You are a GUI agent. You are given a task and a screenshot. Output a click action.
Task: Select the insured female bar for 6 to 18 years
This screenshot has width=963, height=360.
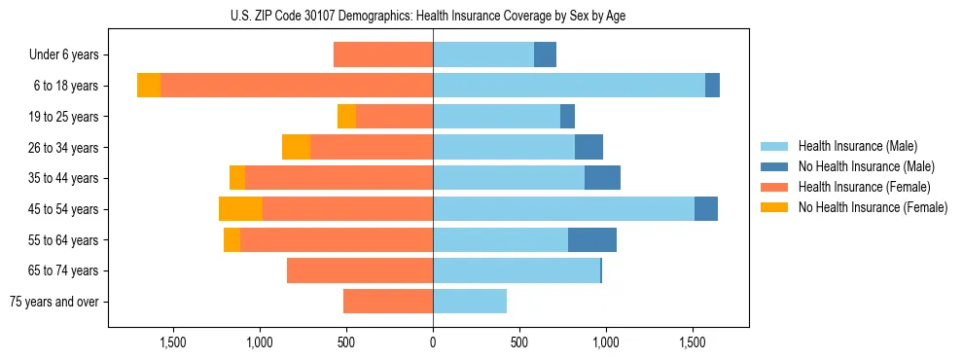[297, 86]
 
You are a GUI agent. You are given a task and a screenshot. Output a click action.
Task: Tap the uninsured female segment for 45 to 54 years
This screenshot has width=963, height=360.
[240, 209]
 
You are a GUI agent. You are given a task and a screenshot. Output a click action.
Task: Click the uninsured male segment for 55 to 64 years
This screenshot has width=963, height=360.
[592, 239]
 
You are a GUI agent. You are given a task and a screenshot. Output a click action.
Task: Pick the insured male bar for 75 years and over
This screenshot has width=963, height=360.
[470, 302]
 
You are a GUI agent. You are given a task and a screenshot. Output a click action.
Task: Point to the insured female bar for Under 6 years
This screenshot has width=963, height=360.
[383, 54]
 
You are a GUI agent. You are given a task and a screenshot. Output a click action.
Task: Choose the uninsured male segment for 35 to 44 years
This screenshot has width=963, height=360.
[602, 178]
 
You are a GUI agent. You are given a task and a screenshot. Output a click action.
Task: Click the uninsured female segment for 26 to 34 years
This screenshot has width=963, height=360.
[296, 147]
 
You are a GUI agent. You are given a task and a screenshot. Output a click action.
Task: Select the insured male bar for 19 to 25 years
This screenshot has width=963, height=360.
[496, 117]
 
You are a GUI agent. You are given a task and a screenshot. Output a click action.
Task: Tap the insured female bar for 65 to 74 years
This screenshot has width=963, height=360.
[360, 270]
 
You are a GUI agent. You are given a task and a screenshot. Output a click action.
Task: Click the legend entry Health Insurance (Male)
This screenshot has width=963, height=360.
[857, 146]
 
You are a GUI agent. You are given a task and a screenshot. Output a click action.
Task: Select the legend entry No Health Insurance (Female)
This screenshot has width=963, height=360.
[872, 207]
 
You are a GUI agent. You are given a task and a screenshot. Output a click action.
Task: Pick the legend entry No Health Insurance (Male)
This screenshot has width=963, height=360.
[866, 166]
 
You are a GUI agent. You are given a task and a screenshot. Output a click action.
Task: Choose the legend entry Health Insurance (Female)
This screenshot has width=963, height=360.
[864, 187]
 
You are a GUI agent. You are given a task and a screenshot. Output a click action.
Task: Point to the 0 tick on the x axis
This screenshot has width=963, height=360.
[433, 342]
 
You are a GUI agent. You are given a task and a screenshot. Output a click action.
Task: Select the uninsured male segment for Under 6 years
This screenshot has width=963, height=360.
[545, 54]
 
